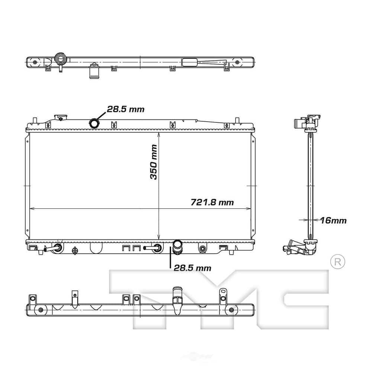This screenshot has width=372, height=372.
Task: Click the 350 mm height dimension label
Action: pos(153,162)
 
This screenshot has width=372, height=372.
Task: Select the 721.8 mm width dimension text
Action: pos(212,202)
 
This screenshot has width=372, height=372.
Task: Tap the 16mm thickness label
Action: pos(333,221)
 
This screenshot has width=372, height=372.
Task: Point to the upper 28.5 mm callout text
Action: pos(125,109)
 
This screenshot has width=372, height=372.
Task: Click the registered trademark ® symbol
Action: pos(338,262)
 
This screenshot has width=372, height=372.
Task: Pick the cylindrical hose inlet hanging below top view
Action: pos(94,71)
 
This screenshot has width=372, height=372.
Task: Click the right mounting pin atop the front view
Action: pos(237,121)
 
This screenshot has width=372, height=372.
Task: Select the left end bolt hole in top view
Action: pos(35,62)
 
